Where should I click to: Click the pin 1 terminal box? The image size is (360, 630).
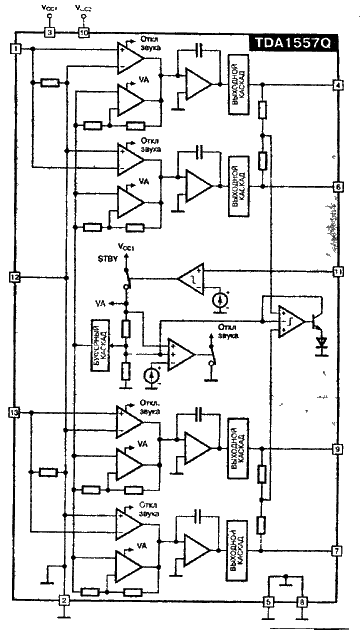point(14,49)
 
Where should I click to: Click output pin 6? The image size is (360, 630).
point(339,187)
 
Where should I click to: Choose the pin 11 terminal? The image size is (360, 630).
point(339,271)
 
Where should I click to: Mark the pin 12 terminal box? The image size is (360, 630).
point(14,277)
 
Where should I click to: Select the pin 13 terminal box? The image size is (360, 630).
point(14,412)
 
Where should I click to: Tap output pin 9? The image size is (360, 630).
point(339,449)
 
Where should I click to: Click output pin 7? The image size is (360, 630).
point(339,551)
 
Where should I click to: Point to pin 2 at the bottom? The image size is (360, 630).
point(63,600)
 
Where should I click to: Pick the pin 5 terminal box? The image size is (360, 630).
point(268,601)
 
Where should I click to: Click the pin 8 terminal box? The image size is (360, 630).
point(301,601)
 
